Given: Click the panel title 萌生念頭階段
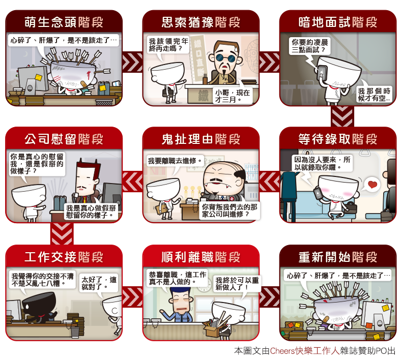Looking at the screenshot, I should (x=64, y=22).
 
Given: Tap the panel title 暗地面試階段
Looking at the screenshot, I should (x=338, y=22).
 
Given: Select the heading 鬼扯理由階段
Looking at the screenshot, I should (x=201, y=139).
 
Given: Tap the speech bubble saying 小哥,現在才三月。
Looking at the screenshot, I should (x=232, y=96).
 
